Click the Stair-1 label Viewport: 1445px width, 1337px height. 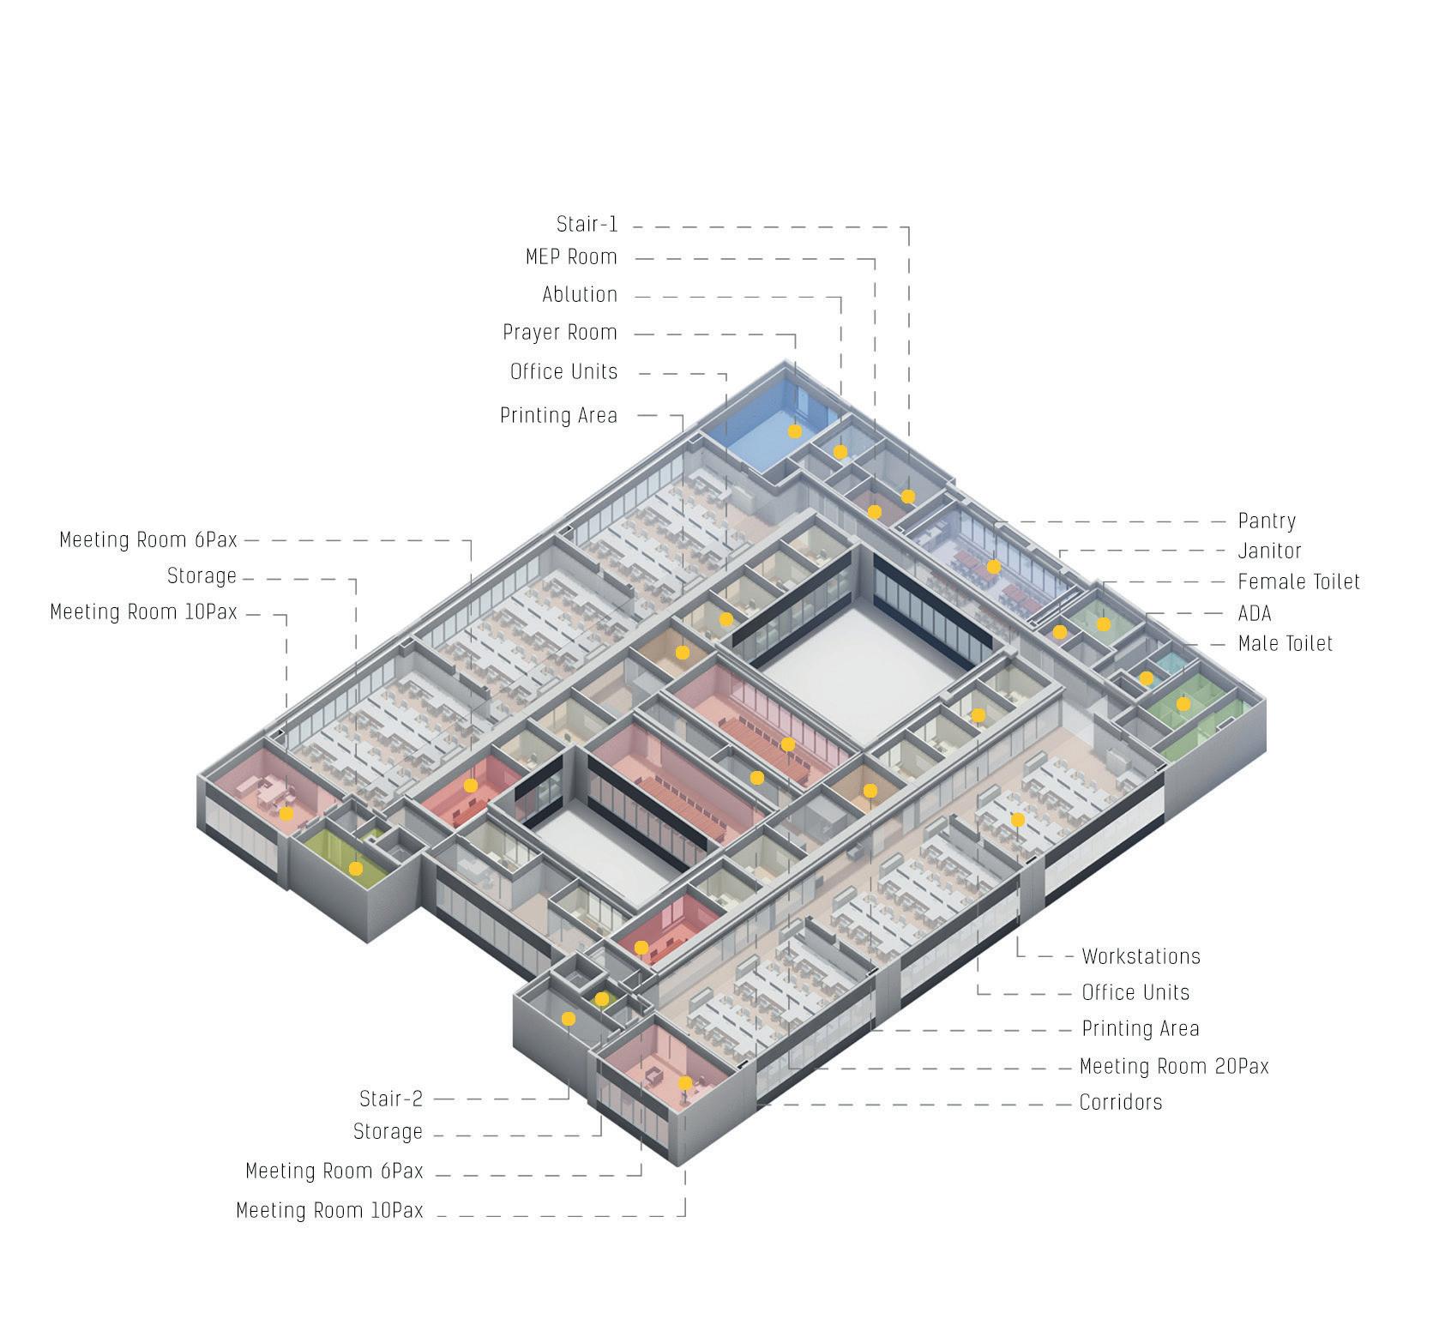point(587,225)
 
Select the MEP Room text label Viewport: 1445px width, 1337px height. point(571,257)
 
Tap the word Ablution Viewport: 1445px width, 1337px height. point(580,295)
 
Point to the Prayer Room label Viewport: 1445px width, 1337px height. point(560,333)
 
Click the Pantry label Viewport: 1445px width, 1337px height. point(1267,521)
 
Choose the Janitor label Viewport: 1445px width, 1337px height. point(1269,551)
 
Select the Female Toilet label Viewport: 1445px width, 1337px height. point(1298,582)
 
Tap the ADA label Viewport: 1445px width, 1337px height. point(1255,614)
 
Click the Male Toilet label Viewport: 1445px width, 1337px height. point(1285,644)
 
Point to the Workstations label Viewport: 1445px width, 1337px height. point(1141,956)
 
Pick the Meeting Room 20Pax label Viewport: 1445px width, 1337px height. point(1174,1067)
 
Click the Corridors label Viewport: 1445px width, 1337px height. point(1121,1103)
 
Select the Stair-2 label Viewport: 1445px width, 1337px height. point(391,1099)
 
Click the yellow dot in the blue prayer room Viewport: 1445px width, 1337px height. point(795,431)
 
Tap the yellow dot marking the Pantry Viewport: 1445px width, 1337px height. point(994,567)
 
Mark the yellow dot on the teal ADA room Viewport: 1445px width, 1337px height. point(1147,678)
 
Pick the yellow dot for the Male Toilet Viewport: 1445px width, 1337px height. point(1183,704)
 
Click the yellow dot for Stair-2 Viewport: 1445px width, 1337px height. point(569,1019)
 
